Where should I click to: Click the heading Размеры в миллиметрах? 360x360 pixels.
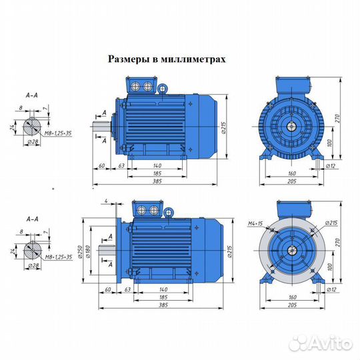(x=167, y=59)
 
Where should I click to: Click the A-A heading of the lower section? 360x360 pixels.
(x=31, y=217)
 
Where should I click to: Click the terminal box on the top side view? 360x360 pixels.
(x=143, y=87)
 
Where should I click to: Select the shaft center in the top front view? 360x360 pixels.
(x=293, y=125)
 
